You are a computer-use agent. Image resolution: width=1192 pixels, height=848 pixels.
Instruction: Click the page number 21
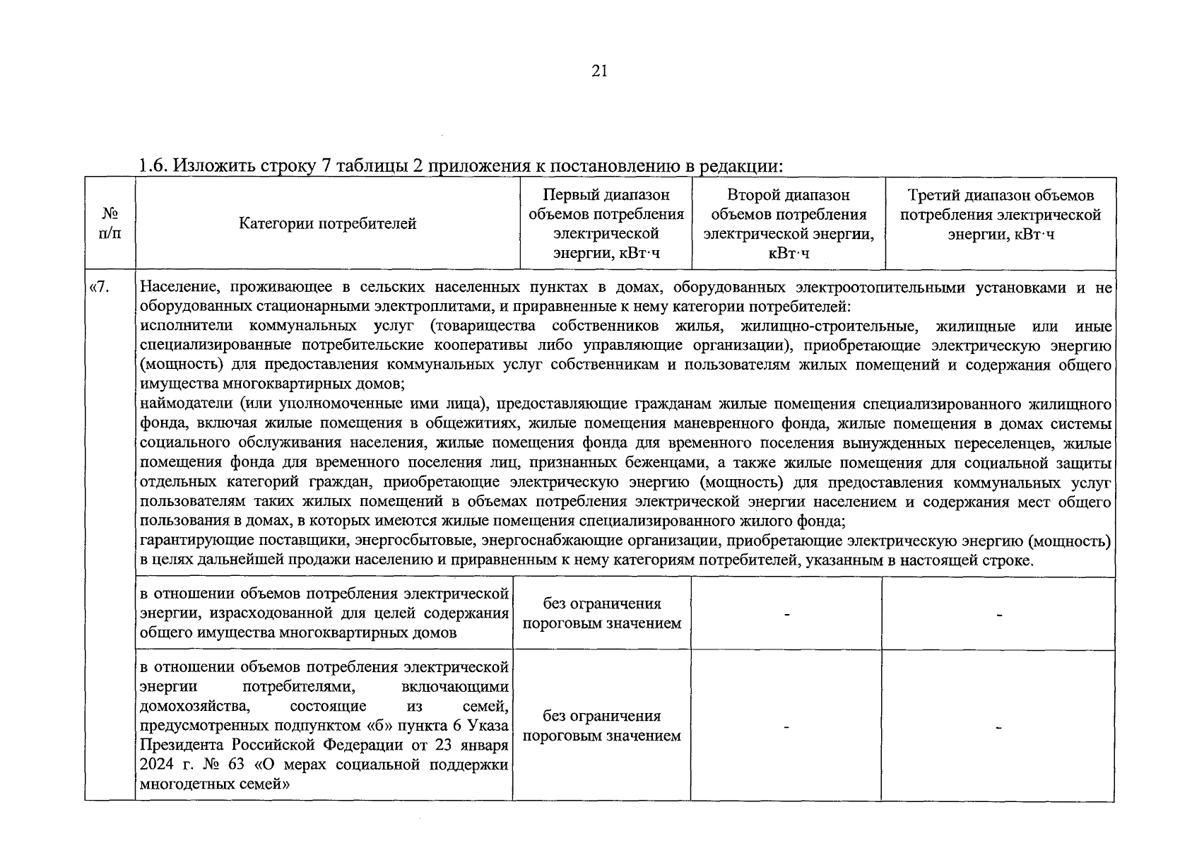pyautogui.click(x=598, y=71)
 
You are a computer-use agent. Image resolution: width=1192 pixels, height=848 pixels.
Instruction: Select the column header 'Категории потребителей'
pyautogui.click(x=327, y=224)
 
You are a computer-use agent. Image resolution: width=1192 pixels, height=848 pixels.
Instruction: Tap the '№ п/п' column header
pyautogui.click(x=110, y=223)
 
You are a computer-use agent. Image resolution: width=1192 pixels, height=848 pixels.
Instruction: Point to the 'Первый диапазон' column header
pyautogui.click(x=606, y=195)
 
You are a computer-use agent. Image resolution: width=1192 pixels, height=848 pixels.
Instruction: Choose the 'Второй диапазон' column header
pyautogui.click(x=788, y=195)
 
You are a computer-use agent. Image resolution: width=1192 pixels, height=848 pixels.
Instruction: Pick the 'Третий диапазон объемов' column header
pyautogui.click(x=1001, y=195)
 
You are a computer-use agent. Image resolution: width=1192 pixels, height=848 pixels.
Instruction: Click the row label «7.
pyautogui.click(x=99, y=288)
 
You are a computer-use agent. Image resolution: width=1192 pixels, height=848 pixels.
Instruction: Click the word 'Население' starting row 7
pyautogui.click(x=175, y=288)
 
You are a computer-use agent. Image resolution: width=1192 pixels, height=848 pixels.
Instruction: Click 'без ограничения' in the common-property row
pyautogui.click(x=602, y=604)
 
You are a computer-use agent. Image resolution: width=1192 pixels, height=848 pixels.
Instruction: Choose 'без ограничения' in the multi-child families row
pyautogui.click(x=602, y=716)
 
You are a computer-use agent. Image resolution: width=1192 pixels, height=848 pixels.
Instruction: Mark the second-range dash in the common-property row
pyautogui.click(x=786, y=615)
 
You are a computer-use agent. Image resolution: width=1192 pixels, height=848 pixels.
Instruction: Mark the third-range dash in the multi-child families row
pyautogui.click(x=998, y=727)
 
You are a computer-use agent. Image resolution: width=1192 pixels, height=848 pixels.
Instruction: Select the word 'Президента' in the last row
pyautogui.click(x=177, y=746)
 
